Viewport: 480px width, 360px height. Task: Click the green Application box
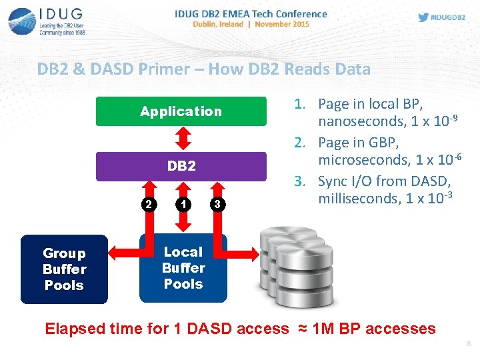181,111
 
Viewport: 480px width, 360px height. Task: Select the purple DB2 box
181,166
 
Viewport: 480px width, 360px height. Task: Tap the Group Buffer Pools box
64,269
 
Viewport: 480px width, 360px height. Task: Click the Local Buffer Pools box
183,268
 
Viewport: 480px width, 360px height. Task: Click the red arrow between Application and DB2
181,139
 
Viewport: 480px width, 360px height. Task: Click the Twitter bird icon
423,17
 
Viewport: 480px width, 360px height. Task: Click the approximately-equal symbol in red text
301,329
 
